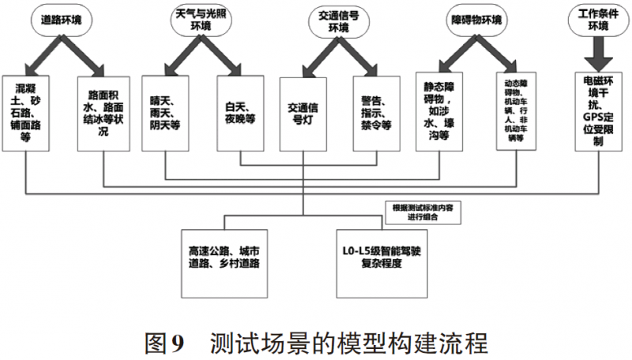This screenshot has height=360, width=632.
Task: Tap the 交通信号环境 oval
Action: [339, 22]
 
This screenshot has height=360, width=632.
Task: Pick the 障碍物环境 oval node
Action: [476, 21]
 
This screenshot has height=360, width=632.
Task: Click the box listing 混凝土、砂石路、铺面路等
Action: [25, 113]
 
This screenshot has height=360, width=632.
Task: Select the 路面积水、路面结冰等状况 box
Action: [103, 114]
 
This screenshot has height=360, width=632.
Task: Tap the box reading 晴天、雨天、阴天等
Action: [165, 113]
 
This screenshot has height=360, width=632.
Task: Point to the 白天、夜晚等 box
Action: [240, 113]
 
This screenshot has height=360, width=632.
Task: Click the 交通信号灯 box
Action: [303, 114]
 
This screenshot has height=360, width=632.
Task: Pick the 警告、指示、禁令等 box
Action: [377, 114]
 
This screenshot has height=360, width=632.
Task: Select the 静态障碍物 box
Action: [439, 111]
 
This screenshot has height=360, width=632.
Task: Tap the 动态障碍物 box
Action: [516, 111]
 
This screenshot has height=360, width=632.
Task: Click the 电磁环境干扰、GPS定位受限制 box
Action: [598, 111]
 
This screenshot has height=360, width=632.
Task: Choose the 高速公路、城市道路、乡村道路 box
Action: [224, 264]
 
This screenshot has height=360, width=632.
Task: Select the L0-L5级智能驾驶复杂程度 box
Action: [382, 264]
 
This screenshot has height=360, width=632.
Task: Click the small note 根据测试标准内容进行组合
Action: [423, 212]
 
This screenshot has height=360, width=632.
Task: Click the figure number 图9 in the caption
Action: [164, 343]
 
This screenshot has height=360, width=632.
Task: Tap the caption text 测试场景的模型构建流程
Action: [349, 343]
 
